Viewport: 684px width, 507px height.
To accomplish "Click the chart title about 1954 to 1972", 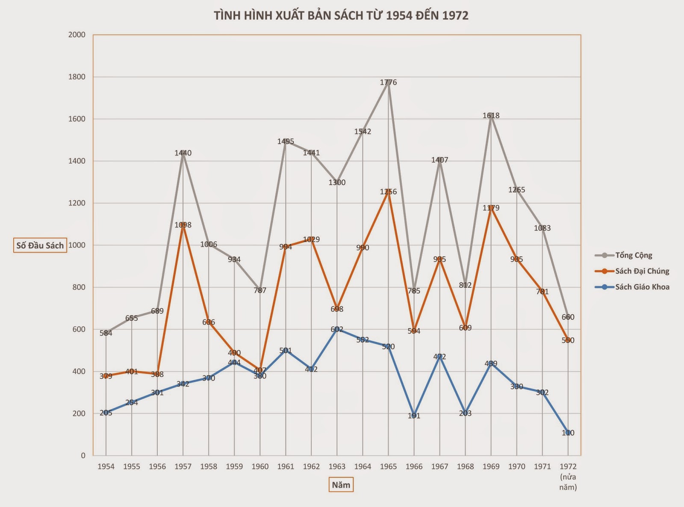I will tap(341, 16).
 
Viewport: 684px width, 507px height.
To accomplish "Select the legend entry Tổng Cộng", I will tap(633, 255).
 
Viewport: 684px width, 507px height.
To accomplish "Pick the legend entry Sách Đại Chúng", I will tap(642, 271).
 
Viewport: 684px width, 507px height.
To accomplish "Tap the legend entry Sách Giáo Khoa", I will tap(642, 287).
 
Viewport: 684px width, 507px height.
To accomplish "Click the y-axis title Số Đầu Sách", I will tap(40, 246).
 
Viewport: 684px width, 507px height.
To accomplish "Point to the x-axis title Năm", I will tap(341, 485).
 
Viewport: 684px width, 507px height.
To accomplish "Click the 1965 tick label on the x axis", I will tap(388, 466).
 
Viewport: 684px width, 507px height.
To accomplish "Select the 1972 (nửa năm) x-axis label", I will tap(568, 476).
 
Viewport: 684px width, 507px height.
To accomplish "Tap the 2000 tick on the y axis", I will tap(77, 35).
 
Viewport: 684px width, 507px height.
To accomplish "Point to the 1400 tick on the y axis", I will tap(77, 161).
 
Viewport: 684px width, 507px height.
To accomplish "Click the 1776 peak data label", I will tap(388, 82).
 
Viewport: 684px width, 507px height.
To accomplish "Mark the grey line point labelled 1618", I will tap(491, 115).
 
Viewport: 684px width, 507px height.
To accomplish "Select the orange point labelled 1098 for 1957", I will tap(183, 225).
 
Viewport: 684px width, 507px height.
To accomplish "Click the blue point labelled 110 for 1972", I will tap(568, 433).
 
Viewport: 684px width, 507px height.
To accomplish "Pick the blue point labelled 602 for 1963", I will tap(337, 329).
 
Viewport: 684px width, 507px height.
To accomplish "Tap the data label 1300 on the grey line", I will tap(337, 182).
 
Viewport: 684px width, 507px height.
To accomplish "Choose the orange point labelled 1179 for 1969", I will tap(491, 208).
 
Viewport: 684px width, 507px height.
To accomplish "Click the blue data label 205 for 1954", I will tap(106, 413).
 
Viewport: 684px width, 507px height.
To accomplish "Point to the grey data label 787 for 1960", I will tap(260, 290).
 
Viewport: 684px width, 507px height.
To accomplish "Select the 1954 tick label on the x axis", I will tap(106, 466).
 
